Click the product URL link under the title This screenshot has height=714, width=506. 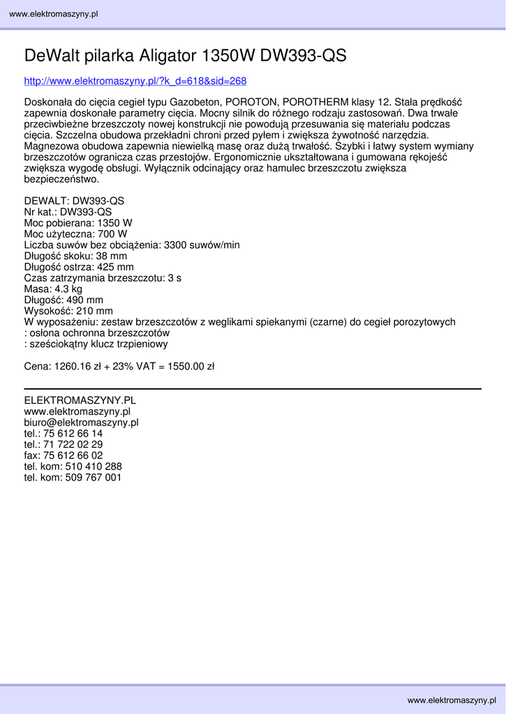[135, 81]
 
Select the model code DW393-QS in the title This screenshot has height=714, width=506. [304, 56]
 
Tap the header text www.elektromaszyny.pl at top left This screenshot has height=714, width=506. [53, 14]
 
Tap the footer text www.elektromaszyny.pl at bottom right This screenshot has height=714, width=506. [452, 699]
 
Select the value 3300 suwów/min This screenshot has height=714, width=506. [202, 245]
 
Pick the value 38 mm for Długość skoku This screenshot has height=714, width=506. [112, 256]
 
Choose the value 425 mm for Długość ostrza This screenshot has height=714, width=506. [116, 267]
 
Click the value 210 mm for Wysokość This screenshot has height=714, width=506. [95, 311]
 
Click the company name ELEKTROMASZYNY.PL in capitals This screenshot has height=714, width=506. [80, 400]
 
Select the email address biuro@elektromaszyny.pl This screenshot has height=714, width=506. [82, 423]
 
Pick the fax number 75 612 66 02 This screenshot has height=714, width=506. [73, 455]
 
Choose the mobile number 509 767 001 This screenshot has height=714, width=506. [94, 478]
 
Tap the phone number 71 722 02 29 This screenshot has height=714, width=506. [73, 444]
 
